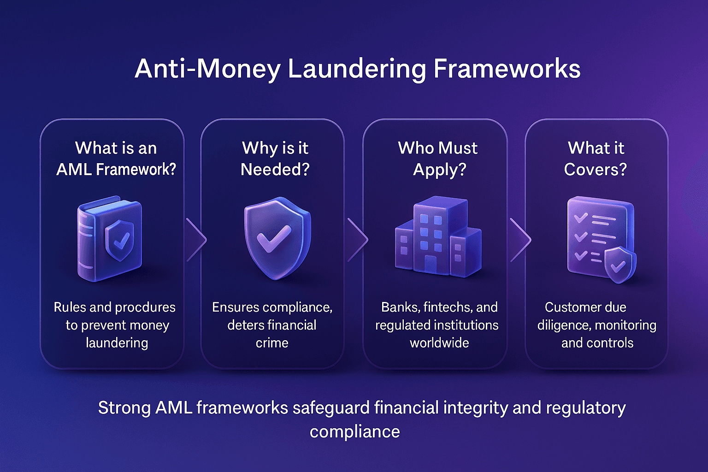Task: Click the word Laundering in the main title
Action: [356, 69]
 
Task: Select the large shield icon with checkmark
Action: [277, 237]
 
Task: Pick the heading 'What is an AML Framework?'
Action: [116, 159]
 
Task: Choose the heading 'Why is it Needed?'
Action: [275, 159]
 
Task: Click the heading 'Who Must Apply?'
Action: [438, 159]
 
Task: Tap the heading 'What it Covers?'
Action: [596, 159]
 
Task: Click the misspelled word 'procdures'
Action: [145, 307]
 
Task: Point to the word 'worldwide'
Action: [439, 343]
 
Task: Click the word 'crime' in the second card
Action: [272, 343]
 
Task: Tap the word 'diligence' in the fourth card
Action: [563, 325]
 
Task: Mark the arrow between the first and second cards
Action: [196, 240]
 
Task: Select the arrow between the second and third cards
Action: [358, 240]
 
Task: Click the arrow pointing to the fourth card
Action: [520, 240]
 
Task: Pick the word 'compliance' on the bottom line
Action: [354, 432]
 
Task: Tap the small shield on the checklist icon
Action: [619, 265]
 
